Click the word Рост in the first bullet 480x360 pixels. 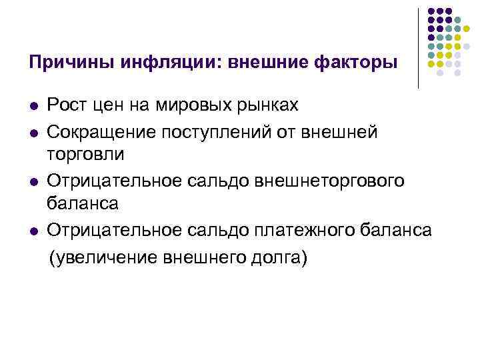68,105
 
